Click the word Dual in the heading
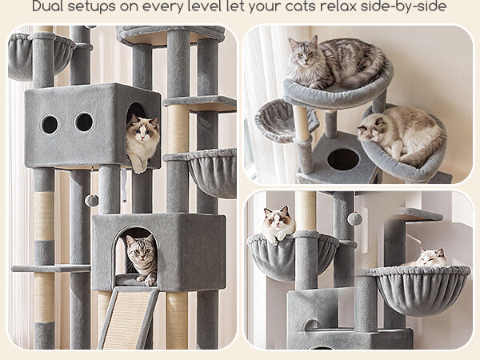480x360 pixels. pos(47,6)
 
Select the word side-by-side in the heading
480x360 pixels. pos(403,6)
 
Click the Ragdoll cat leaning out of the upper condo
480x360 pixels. pos(142,142)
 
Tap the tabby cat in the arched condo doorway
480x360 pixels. pos(142,259)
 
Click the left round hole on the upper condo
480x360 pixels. pos(50,125)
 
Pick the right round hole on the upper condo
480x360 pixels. pos(85,122)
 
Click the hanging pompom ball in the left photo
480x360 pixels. pos(91,201)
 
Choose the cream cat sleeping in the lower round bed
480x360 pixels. pos(402,134)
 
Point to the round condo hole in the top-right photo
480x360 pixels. pos(343,159)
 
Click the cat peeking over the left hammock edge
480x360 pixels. pos(278,224)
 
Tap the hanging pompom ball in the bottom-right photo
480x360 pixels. pos(354,218)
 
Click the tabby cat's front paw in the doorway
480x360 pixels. pos(150,281)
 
